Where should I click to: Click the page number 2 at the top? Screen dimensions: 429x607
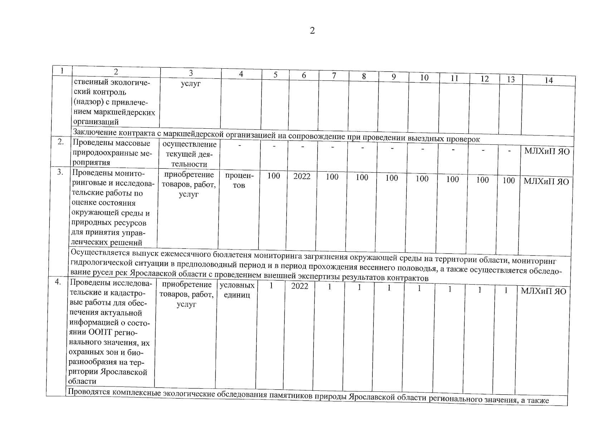pos(312,31)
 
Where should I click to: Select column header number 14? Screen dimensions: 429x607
pos(548,80)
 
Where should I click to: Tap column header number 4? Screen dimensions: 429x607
pos(241,74)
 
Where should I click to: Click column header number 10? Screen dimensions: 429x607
pos(424,78)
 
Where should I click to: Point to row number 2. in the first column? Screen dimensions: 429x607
pos(61,142)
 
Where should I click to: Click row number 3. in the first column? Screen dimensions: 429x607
pos(60,172)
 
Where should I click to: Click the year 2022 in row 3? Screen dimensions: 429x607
pos(302,176)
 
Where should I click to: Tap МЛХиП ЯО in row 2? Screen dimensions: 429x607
pos(547,151)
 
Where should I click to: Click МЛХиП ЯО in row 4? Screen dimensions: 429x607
pos(543,291)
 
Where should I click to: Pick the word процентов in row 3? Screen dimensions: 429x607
pos(239,181)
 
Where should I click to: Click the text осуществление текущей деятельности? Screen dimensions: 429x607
pos(189,154)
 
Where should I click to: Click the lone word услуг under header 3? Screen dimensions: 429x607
pos(191,83)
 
